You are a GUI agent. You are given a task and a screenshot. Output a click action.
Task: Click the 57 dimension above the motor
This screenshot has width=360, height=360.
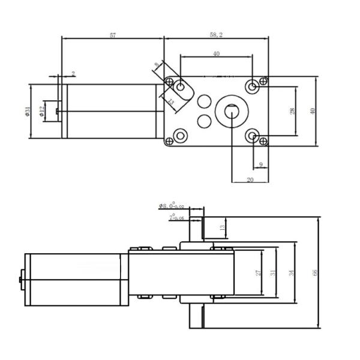coord(112,35)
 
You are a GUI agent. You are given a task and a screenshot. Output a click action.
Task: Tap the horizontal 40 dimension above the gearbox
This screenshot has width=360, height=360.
coord(216,54)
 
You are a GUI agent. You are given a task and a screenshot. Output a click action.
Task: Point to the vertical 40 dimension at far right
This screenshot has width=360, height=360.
coord(311,111)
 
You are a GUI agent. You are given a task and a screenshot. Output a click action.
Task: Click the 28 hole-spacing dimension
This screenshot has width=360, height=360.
coord(292,111)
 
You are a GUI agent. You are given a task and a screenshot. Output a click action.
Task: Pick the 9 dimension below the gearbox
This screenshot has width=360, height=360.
coord(260,164)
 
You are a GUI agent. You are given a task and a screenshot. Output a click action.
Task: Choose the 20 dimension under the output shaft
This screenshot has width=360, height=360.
coord(249,179)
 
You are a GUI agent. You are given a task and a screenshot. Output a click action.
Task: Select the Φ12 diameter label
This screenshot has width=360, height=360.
coord(42,111)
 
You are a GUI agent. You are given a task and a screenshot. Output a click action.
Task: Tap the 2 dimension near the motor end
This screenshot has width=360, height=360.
coord(73,74)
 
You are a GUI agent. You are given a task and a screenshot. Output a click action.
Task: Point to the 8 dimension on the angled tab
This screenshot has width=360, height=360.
coord(157,64)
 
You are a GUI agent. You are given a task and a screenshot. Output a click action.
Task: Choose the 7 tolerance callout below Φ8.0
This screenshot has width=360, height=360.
coord(175,217)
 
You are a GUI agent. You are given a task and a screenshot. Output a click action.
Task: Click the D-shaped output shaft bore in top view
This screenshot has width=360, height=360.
coord(231,110)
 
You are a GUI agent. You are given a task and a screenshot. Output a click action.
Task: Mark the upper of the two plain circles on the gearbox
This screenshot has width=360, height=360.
coord(204,100)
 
